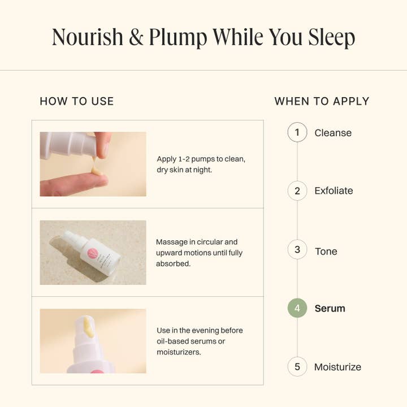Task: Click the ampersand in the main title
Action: pyautogui.click(x=136, y=37)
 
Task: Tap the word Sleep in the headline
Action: pyautogui.click(x=331, y=38)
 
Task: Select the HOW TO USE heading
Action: pyautogui.click(x=77, y=101)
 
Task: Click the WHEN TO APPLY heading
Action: pyautogui.click(x=322, y=101)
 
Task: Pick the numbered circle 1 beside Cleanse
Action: pyautogui.click(x=297, y=132)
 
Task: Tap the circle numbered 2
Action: pyautogui.click(x=297, y=191)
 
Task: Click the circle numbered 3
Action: pyautogui.click(x=297, y=249)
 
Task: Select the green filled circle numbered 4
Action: pyautogui.click(x=297, y=308)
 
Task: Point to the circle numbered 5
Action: pyautogui.click(x=297, y=367)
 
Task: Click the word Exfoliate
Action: pyautogui.click(x=334, y=191)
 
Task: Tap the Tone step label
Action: pyautogui.click(x=326, y=251)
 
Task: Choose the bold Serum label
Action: pyautogui.click(x=330, y=309)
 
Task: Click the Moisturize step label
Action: pyautogui.click(x=337, y=367)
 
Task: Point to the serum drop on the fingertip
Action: pyautogui.click(x=96, y=171)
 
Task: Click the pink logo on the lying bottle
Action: pyautogui.click(x=92, y=253)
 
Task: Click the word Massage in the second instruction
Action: pyautogui.click(x=172, y=242)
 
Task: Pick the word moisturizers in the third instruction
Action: pyautogui.click(x=179, y=352)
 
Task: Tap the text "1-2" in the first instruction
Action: pyautogui.click(x=184, y=159)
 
